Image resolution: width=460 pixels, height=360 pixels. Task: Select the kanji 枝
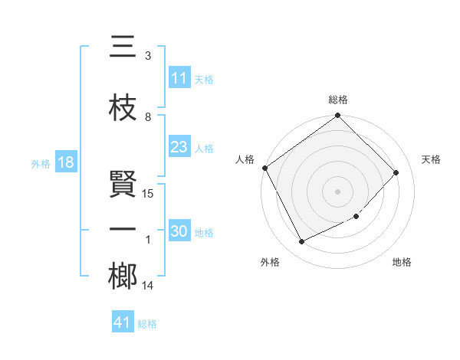coord(123,109)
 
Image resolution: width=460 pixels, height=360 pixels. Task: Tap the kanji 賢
coord(123,185)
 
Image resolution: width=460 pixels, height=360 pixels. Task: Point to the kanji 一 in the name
coord(123,231)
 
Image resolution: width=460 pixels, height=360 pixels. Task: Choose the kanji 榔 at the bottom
coord(123,277)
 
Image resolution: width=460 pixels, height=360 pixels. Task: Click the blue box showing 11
coord(179,78)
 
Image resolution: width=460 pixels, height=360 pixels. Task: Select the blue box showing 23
coord(179,147)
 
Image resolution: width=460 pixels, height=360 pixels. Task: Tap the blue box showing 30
coord(179,231)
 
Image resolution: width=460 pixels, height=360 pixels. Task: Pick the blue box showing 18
coord(65,163)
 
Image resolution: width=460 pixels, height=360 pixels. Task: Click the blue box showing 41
coord(123,322)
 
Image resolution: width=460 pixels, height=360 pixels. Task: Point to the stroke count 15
coord(149,194)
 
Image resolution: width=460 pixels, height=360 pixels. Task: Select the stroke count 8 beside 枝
coord(148,117)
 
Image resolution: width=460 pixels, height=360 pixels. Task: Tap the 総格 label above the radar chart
coord(338,100)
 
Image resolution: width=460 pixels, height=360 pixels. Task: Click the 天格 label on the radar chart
coord(431,159)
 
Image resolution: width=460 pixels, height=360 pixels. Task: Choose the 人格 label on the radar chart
coord(245,159)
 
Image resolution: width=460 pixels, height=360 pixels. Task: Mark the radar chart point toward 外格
coord(301,242)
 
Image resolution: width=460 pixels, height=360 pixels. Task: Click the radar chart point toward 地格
coord(356,217)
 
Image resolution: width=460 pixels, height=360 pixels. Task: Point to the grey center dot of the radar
coord(338,191)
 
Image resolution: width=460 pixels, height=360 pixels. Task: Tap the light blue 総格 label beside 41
coord(147,324)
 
